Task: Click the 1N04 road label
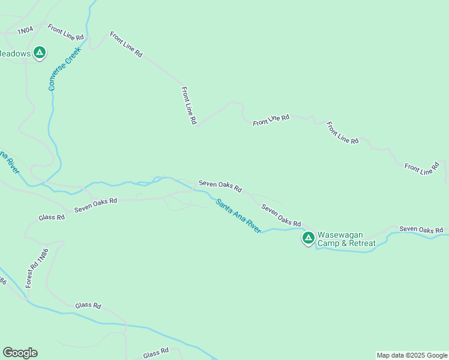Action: tap(25, 30)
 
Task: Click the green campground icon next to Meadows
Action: tap(40, 53)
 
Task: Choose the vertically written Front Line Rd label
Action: tap(189, 105)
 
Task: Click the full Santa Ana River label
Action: tap(239, 216)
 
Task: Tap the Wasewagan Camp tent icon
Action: tap(308, 238)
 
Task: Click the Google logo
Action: tap(20, 353)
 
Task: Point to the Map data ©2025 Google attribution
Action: tap(412, 355)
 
